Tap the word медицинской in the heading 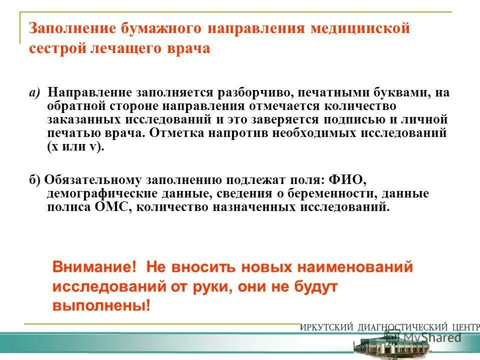[x=360, y=28]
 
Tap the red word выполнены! [x=101, y=306]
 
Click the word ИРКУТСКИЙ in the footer [x=327, y=327]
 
